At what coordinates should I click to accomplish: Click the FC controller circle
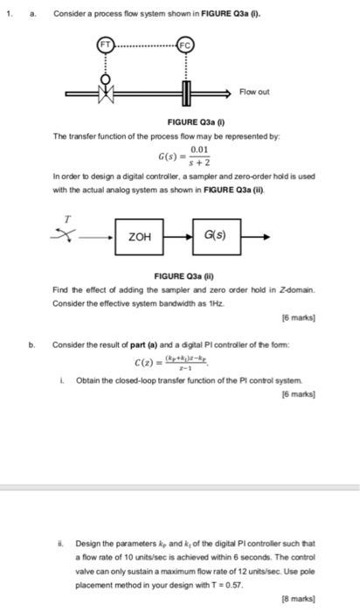(x=186, y=43)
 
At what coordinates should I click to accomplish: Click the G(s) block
(x=214, y=235)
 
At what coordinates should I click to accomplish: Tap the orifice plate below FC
(x=186, y=91)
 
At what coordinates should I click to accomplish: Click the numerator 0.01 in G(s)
(x=202, y=150)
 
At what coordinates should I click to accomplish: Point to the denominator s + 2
(x=202, y=162)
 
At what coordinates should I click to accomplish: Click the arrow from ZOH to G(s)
(x=177, y=235)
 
